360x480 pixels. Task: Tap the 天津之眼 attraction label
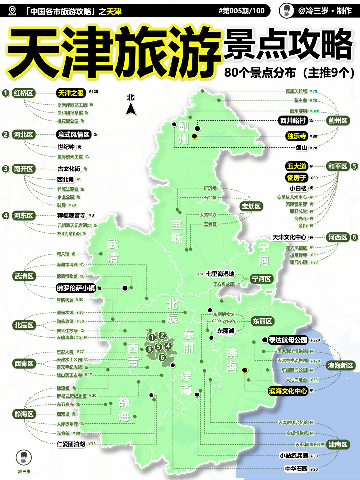[71, 93]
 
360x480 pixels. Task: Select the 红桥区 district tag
[23, 93]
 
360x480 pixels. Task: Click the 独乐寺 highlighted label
[296, 136]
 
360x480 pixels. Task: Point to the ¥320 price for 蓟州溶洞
[314, 111]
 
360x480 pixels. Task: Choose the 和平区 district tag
[337, 166]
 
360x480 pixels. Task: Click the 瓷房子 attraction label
[296, 178]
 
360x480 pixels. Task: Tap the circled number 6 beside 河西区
[354, 237]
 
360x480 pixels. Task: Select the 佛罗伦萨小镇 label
[76, 288]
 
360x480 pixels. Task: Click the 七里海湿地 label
[220, 274]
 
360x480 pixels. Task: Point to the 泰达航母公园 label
[288, 340]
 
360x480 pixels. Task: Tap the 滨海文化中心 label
[288, 391]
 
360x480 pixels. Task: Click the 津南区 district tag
[337, 444]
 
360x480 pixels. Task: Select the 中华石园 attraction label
[296, 469]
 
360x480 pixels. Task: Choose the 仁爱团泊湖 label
[71, 444]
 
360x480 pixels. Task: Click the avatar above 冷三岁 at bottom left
[24, 457]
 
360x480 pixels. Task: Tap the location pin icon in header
[12, 11]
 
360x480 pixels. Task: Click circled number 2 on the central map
[162, 335]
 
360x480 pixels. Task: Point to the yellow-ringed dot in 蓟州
[195, 136]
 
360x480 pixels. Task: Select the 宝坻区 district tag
[251, 206]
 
